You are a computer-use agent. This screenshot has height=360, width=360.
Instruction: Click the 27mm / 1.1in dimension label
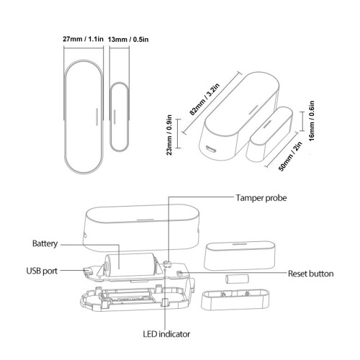point(83,39)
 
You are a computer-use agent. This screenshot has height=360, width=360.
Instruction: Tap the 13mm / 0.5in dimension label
point(128,40)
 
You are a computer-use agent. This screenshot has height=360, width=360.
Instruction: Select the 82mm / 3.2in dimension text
point(204,99)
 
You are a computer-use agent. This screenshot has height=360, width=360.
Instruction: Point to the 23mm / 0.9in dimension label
point(169,135)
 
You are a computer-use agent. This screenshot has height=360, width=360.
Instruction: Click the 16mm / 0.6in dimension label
point(312,121)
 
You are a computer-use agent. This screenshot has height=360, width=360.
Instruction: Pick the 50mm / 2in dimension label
point(290,156)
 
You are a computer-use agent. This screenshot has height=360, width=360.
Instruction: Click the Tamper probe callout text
point(261,198)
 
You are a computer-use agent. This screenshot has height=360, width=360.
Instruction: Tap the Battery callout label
point(45,243)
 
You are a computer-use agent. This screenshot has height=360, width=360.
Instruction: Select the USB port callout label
point(42,271)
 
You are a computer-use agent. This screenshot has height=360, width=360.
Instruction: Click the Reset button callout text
point(311,274)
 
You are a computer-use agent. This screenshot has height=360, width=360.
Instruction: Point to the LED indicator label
point(166,334)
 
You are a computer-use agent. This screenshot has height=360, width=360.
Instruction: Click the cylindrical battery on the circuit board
point(130,265)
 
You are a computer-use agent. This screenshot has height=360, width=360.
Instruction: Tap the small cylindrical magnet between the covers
point(237,279)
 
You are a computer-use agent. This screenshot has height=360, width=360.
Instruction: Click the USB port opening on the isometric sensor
point(211,150)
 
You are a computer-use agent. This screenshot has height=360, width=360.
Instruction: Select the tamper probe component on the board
point(168,264)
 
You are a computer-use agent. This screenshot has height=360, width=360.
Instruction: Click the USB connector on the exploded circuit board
point(88,271)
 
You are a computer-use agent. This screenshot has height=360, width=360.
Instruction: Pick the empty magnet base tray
point(235,300)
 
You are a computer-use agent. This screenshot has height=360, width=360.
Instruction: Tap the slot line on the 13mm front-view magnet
point(114,117)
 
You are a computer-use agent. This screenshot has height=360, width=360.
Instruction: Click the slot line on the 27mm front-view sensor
point(96,117)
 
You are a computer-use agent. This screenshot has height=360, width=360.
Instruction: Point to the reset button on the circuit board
point(179,273)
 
